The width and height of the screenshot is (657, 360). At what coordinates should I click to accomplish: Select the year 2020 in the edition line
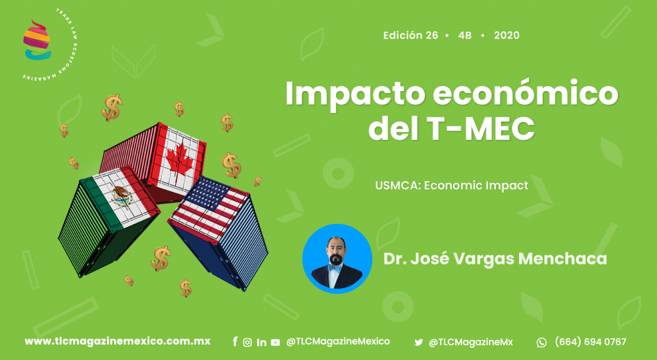pyautogui.click(x=507, y=35)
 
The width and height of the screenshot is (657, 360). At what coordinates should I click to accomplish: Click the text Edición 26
pyautogui.click(x=411, y=35)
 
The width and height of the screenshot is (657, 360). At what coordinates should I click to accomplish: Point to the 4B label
pyautogui.click(x=465, y=35)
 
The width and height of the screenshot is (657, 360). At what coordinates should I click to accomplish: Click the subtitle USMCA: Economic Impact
pyautogui.click(x=452, y=185)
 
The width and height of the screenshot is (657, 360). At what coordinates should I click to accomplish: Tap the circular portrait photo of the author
pyautogui.click(x=337, y=259)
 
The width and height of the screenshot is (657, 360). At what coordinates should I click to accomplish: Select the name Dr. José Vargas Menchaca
pyautogui.click(x=495, y=259)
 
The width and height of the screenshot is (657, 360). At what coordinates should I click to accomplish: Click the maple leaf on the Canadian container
pyautogui.click(x=180, y=159)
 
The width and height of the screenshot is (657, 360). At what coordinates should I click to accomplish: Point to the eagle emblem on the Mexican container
pyautogui.click(x=122, y=196)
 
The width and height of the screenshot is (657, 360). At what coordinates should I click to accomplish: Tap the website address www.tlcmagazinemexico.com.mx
pyautogui.click(x=117, y=341)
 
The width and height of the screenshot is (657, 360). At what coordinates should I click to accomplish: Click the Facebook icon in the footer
pyautogui.click(x=235, y=342)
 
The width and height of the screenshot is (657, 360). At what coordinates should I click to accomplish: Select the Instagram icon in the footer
pyautogui.click(x=248, y=343)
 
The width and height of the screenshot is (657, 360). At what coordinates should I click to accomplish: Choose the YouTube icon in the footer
pyautogui.click(x=275, y=343)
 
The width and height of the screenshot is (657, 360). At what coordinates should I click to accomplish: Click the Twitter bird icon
pyautogui.click(x=418, y=343)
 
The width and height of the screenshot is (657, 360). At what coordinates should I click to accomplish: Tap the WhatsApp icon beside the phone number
pyautogui.click(x=542, y=343)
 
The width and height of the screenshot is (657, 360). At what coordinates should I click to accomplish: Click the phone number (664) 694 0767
pyautogui.click(x=590, y=342)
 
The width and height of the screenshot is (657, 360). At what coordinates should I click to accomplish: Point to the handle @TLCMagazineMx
pyautogui.click(x=470, y=343)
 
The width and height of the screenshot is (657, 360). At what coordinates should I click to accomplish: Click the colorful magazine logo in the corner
pyautogui.click(x=37, y=40)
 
